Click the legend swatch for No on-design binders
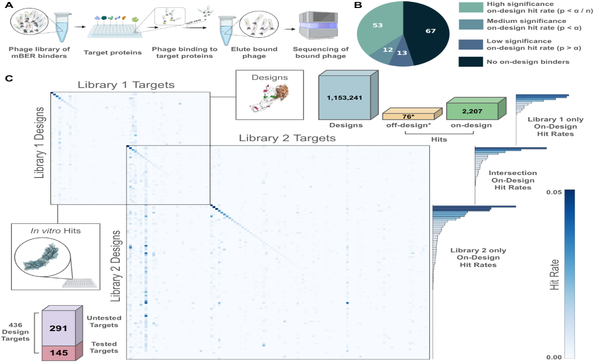[471, 62]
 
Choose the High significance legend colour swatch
[471, 7]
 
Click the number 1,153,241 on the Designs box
[344, 98]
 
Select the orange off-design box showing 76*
[412, 114]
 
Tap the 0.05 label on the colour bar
[554, 192]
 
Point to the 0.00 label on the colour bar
[554, 357]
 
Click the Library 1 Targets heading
[126, 85]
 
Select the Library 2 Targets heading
[287, 138]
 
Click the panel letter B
[357, 5]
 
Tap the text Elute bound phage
[254, 52]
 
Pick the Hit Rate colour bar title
[555, 275]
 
